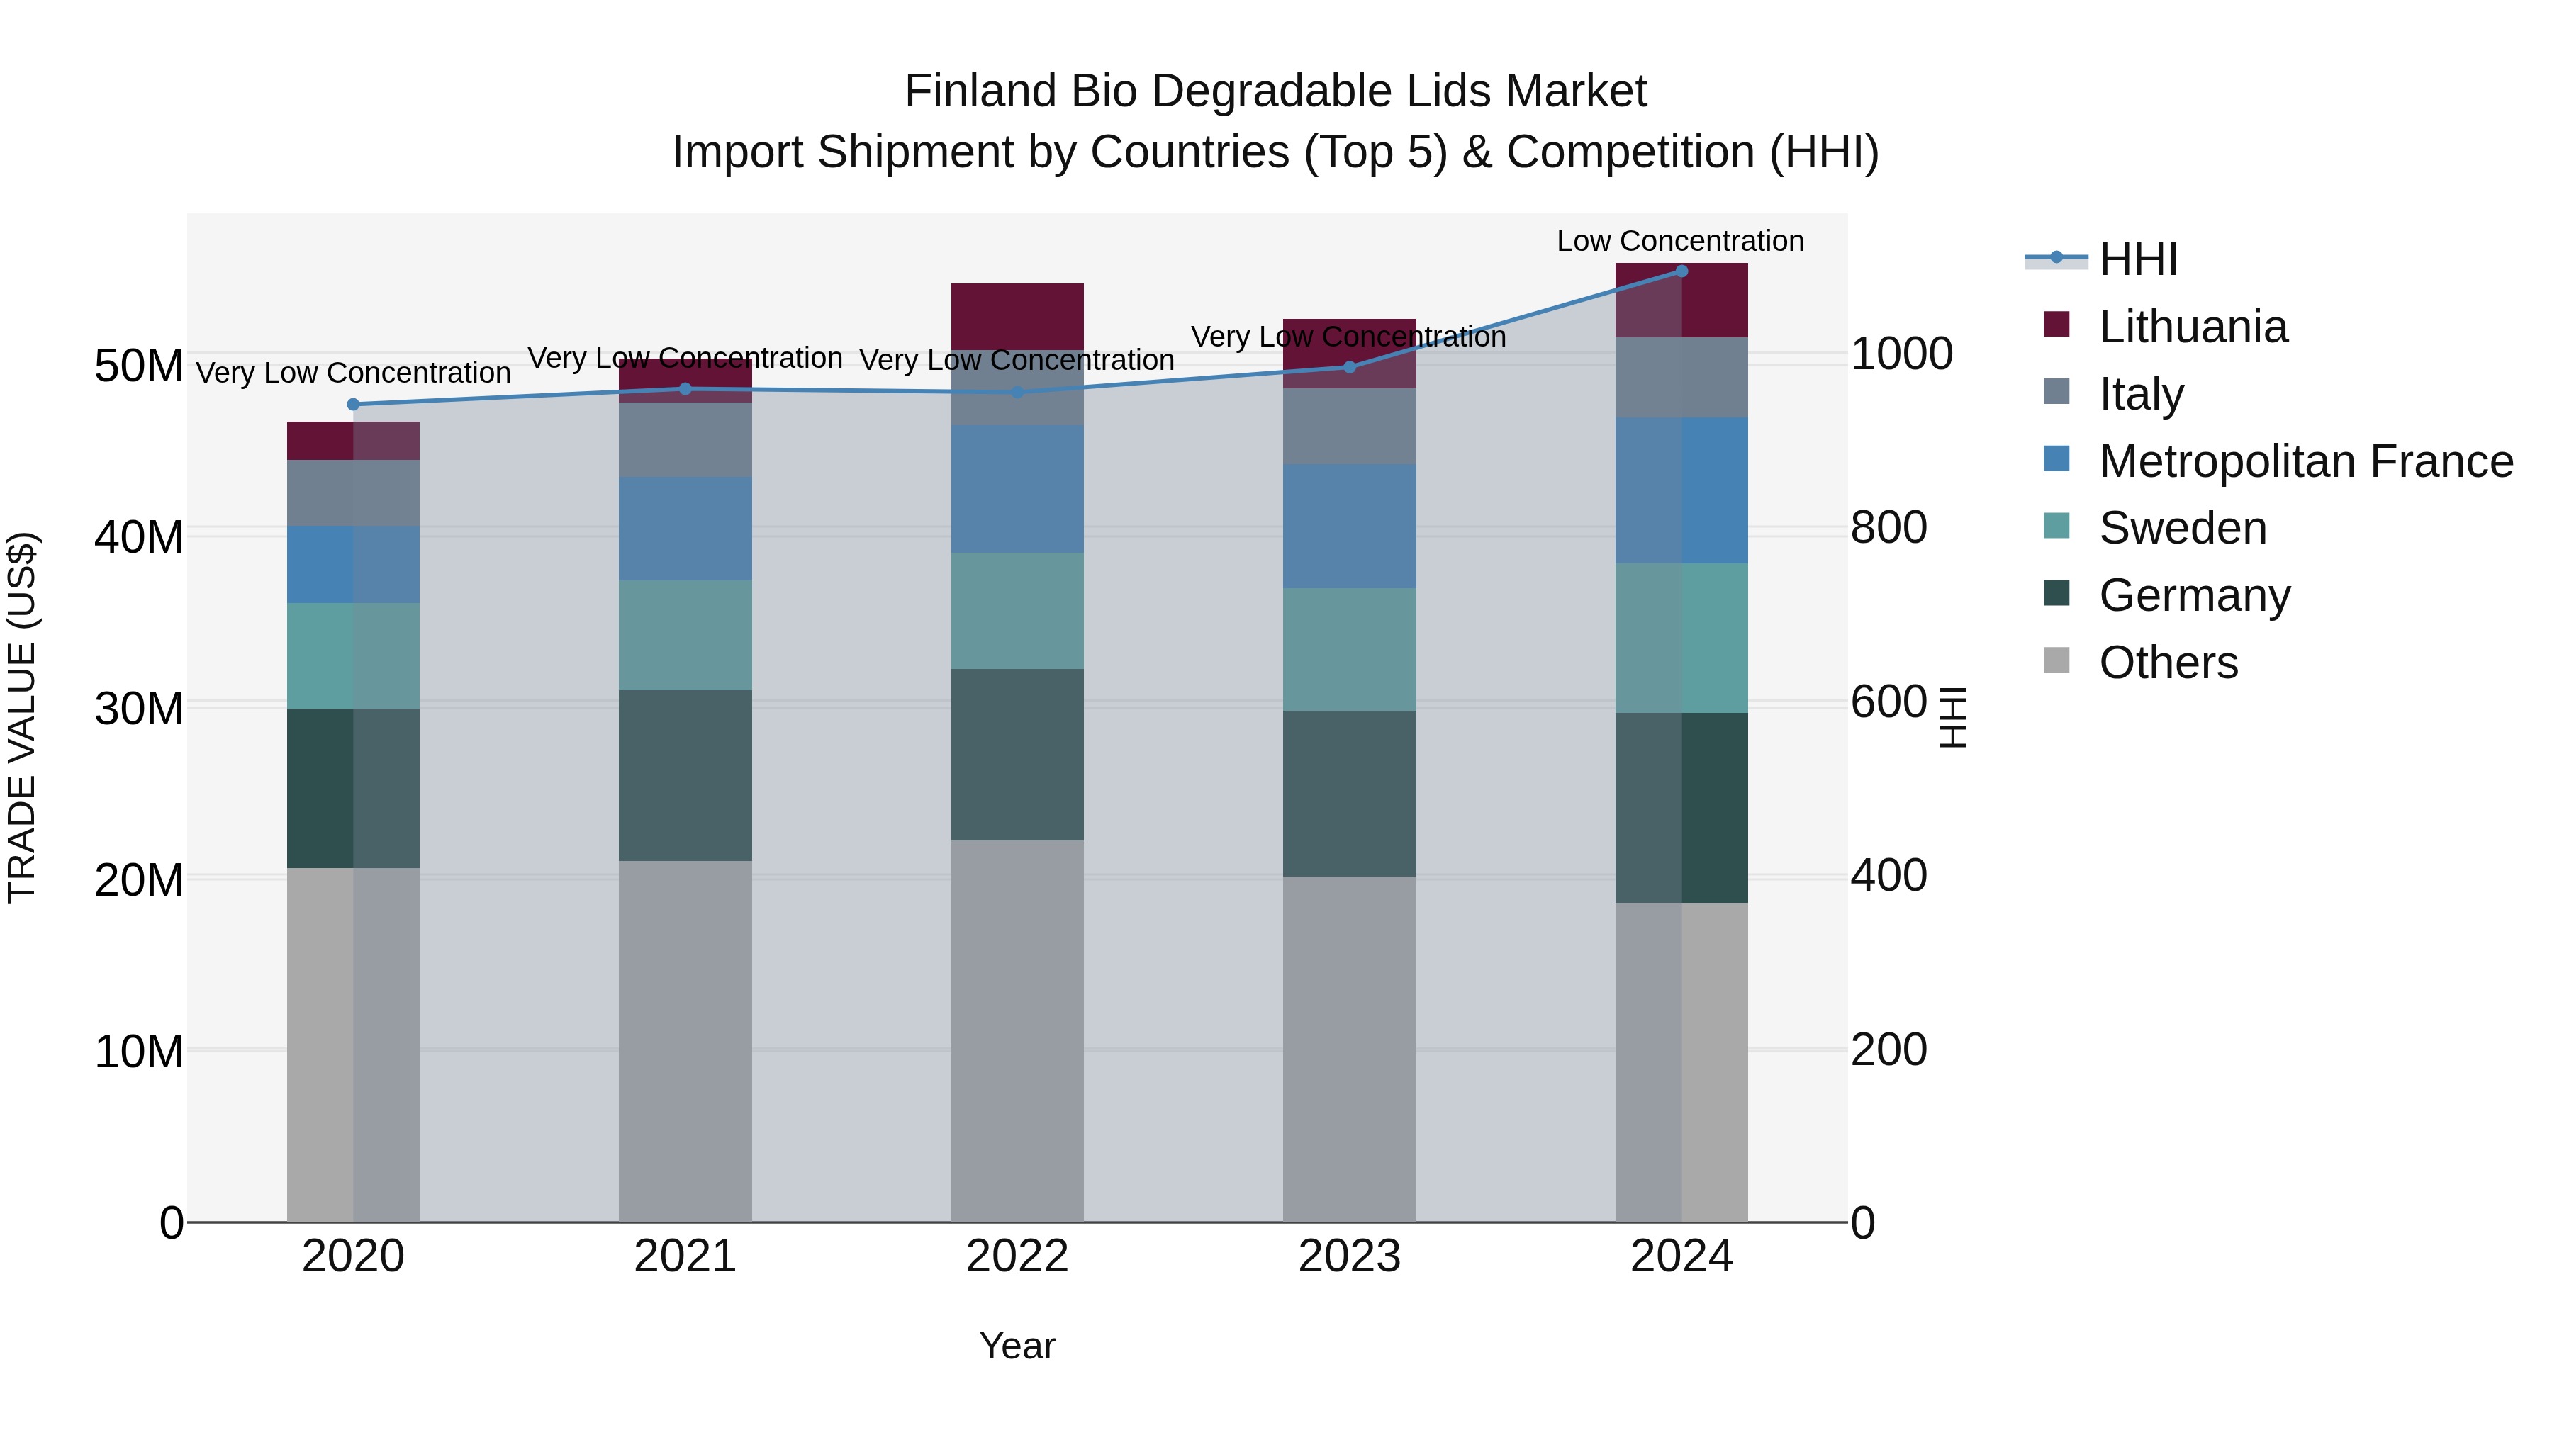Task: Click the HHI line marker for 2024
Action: click(1681, 271)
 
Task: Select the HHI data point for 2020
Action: click(353, 404)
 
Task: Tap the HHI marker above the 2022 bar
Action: click(1017, 392)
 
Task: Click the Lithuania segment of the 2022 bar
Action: click(1017, 315)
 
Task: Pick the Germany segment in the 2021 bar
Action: click(685, 775)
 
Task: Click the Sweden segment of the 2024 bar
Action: click(1681, 637)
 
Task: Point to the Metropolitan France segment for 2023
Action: click(1349, 526)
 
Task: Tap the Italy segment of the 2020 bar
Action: click(353, 493)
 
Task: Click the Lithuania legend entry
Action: click(2193, 327)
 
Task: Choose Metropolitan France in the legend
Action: click(2305, 461)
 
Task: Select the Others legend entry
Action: click(2168, 663)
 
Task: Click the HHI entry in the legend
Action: click(2138, 259)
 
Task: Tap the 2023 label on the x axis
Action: click(1349, 1256)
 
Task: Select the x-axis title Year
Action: click(1017, 1346)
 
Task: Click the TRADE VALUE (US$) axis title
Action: click(22, 717)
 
